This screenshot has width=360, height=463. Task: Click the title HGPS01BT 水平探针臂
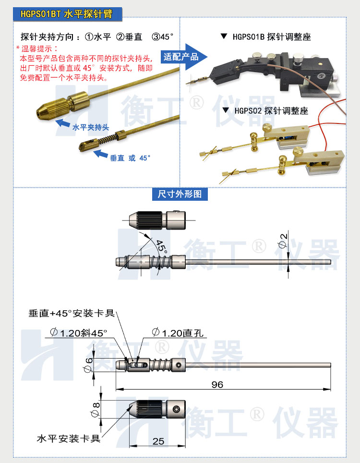coord(67,14)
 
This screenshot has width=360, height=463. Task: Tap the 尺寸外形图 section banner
coord(180,194)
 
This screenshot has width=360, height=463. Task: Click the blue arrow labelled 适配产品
coord(185,57)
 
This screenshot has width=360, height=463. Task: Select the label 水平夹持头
coord(91,127)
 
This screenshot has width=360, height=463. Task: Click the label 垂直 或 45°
coord(130,157)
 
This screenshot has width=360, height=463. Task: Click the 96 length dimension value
coord(217,385)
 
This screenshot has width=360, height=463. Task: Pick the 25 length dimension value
coord(158,441)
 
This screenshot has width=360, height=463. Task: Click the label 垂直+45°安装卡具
coord(72,313)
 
